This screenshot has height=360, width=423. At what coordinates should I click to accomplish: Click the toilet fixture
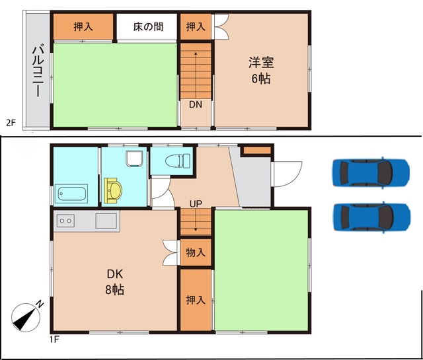pos(178,161)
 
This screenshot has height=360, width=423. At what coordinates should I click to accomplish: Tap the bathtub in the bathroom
pos(71,194)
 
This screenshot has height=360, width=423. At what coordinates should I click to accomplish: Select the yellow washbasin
pos(113,190)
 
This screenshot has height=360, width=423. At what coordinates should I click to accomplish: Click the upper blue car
pos(371,172)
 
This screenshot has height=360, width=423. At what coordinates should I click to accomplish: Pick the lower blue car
pos(371,217)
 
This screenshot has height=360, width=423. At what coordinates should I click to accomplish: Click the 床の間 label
pos(148,26)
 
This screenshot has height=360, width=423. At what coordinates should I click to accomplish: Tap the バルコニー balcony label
pos(37,71)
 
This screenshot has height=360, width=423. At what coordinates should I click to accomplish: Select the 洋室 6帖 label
pos(261,70)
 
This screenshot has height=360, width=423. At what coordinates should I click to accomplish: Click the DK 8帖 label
pos(115,281)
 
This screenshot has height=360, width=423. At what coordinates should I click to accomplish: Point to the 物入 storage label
pos(196,253)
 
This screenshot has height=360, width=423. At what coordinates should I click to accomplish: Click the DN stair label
pos(196,104)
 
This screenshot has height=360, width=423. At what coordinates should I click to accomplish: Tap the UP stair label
pos(196,203)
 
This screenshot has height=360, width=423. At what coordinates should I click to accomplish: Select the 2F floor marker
pos(11,123)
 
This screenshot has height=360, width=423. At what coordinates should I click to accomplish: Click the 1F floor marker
pos(54,339)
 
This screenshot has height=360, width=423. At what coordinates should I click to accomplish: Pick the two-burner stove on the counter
pos(65,221)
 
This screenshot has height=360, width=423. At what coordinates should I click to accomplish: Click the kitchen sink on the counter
pos(106,221)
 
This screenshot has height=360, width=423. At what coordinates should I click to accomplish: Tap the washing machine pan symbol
pos(134,159)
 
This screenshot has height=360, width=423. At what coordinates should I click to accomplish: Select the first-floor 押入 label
pos(196,300)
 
